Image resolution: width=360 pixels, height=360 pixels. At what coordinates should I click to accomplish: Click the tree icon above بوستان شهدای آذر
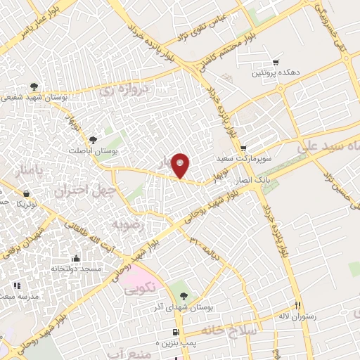[184, 295]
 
